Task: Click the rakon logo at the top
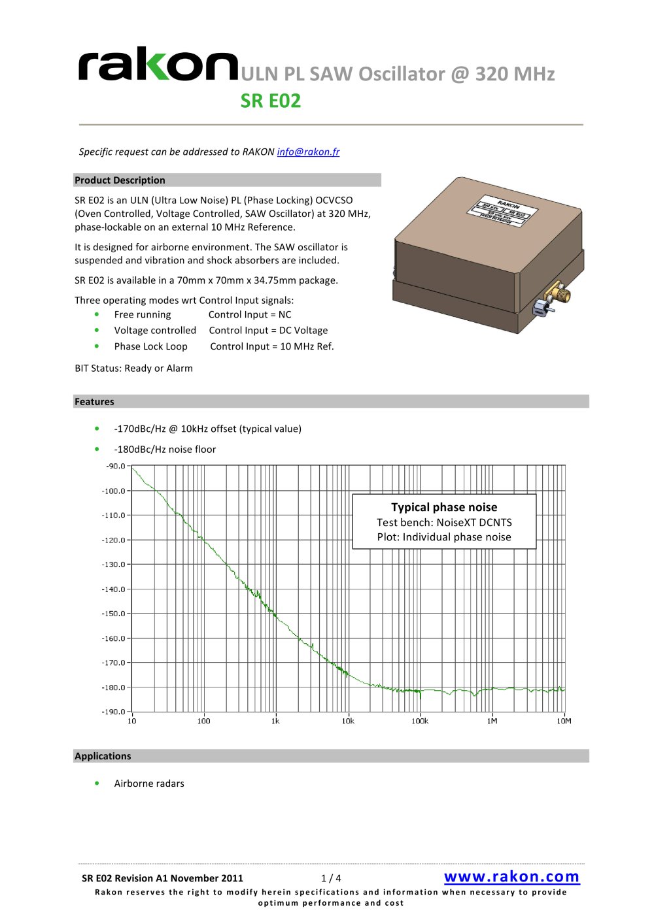pos(158,65)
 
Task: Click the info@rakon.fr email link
pos(308,152)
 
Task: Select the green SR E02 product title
pos(271,101)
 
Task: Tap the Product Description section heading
pos(120,180)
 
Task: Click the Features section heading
pos(94,402)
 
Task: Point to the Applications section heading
pos(103,756)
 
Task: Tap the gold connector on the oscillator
pos(560,292)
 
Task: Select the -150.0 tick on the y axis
pos(114,614)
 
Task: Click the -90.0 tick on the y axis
pos(115,466)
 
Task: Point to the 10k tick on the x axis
pos(348,721)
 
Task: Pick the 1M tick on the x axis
pos(492,721)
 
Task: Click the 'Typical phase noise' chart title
pos(444,507)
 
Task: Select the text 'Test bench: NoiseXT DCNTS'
pos(444,522)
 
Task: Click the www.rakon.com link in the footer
pos(511,876)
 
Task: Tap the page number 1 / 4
pos(331,878)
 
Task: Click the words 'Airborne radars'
pos(149,784)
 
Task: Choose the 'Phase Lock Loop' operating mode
pos(150,346)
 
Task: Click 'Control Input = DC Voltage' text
pos(268,331)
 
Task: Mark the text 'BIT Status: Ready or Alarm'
pos(133,368)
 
